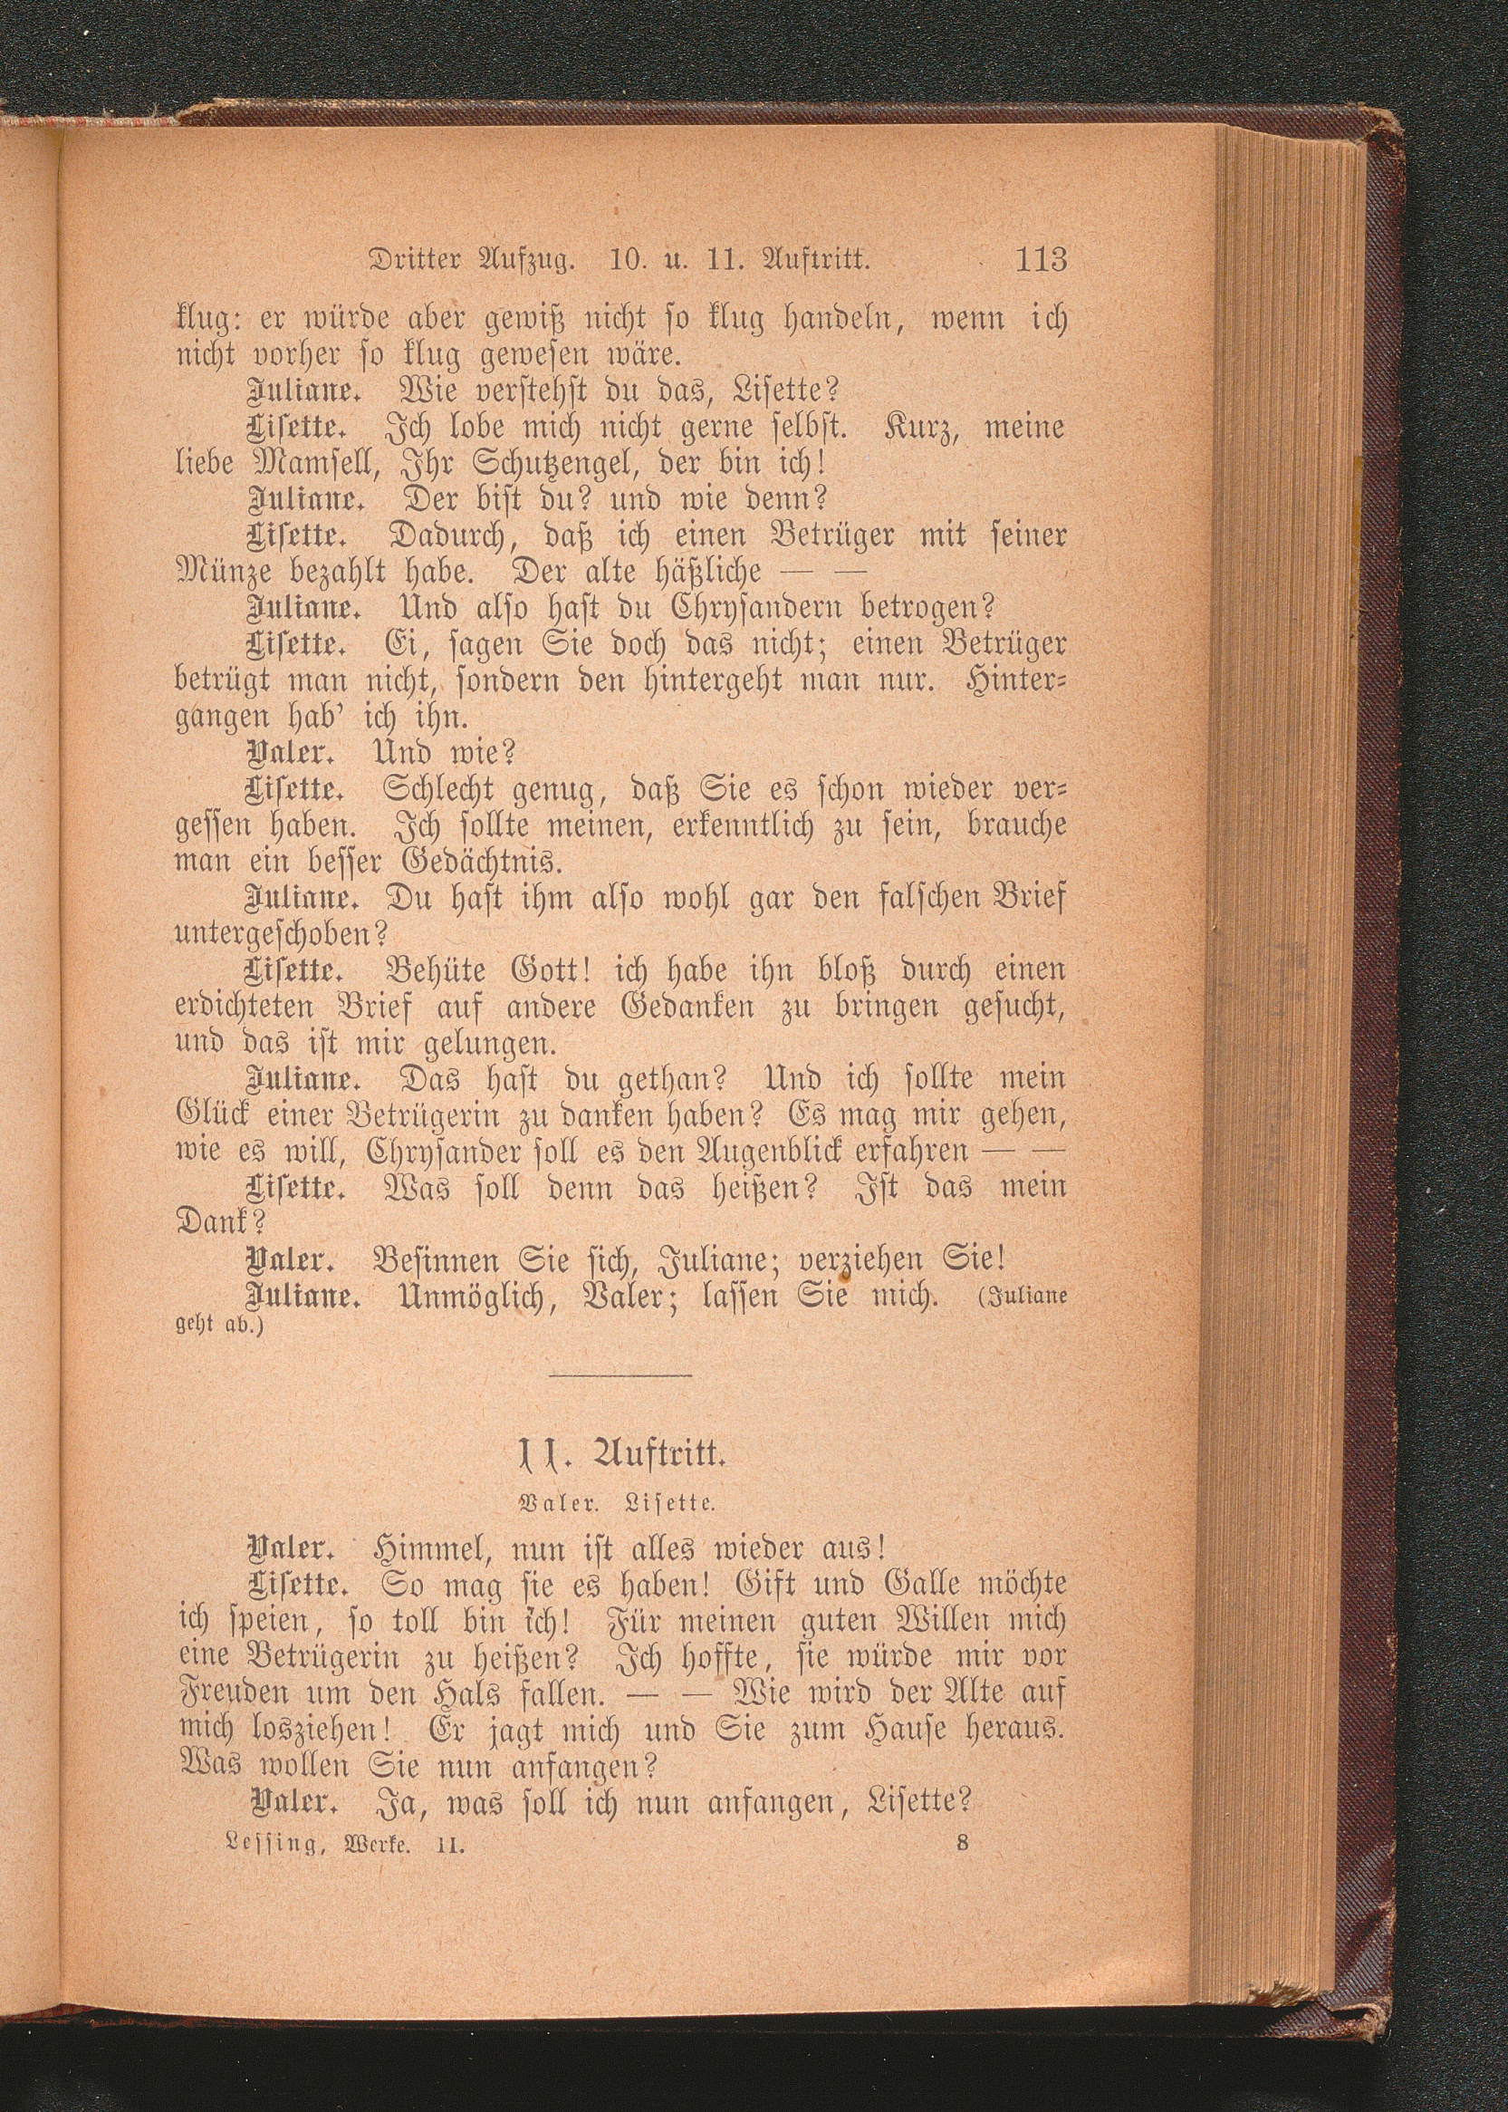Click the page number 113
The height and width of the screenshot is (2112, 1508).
[1042, 258]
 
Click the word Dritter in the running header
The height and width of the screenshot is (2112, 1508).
[414, 260]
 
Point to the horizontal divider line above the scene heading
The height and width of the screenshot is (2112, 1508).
[621, 1374]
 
